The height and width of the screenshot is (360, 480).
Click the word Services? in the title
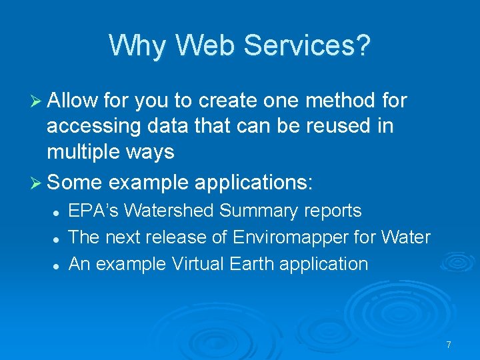tap(307, 46)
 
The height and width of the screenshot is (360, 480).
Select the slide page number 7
tap(449, 345)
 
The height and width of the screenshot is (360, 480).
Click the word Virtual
tap(199, 264)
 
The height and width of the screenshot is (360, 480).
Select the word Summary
tap(259, 211)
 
